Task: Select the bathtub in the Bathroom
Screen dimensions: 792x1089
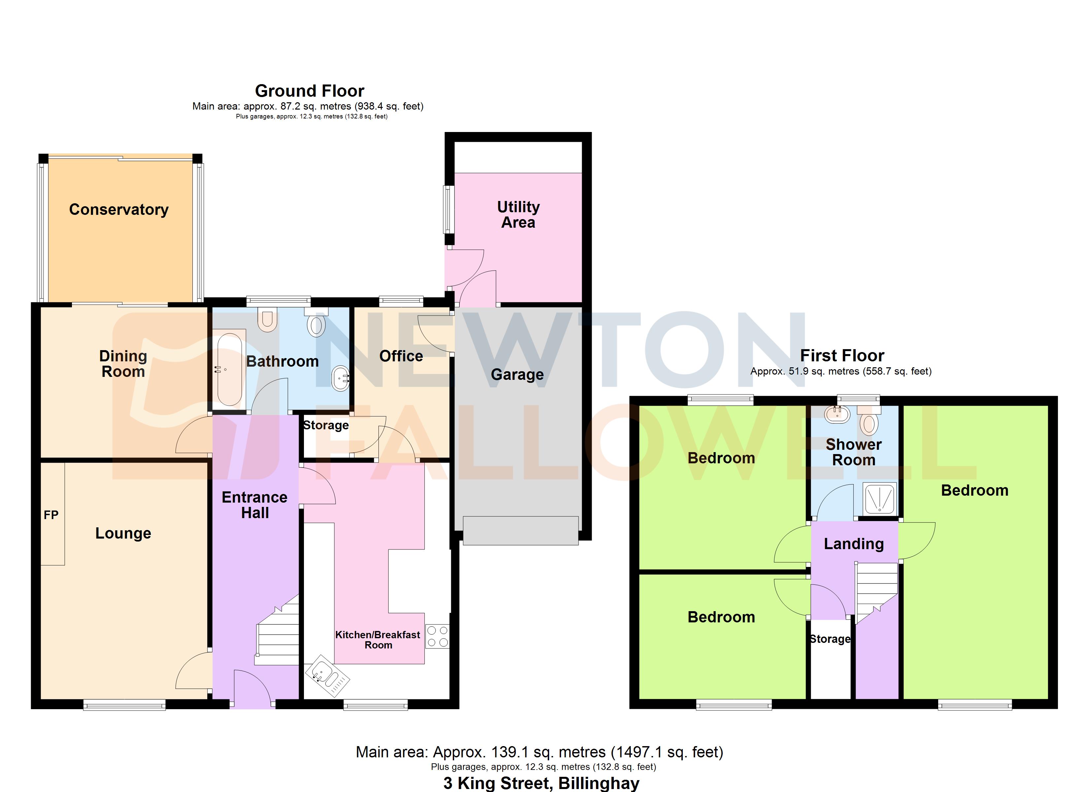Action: [x=230, y=370]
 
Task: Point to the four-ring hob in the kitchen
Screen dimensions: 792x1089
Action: [x=438, y=636]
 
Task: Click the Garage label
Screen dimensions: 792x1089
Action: [x=517, y=374]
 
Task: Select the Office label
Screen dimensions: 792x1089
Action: [x=401, y=356]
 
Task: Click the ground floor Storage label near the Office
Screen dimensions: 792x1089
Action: [x=326, y=425]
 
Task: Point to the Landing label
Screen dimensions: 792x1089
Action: [x=854, y=544]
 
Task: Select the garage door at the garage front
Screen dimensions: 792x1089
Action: [x=520, y=531]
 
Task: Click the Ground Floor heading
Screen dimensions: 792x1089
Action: [x=309, y=91]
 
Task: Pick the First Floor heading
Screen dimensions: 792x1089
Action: [x=842, y=355]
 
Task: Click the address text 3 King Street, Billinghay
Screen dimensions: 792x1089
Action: [x=541, y=783]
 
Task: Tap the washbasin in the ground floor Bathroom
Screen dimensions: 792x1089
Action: [x=341, y=378]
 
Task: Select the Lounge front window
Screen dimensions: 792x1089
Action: [x=124, y=705]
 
